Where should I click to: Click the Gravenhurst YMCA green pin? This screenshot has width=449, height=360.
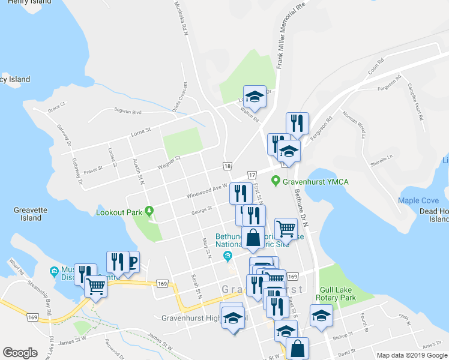(276, 179)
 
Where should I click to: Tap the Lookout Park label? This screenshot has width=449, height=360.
(119, 212)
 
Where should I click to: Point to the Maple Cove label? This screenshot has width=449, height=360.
(418, 200)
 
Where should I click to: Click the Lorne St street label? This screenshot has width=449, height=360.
(142, 129)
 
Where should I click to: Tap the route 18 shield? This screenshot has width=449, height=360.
(227, 166)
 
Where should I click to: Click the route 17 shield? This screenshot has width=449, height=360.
(252, 173)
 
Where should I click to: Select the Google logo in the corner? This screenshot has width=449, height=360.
(20, 353)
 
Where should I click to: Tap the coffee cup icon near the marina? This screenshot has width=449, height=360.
(131, 262)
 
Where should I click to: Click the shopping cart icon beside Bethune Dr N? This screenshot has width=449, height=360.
(286, 228)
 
